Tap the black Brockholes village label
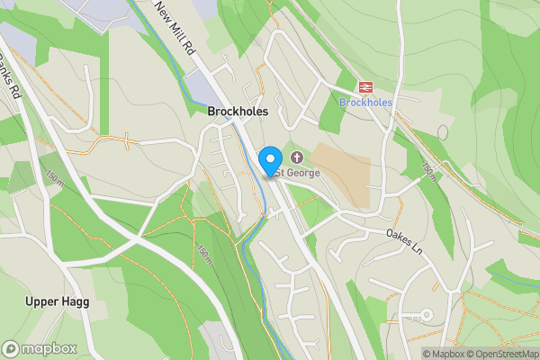coord(238,112)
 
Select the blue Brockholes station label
coord(365,103)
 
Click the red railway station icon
coord(365,86)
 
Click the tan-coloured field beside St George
coord(342,175)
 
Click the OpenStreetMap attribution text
coord(501,354)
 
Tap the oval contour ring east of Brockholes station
coord(442,132)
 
